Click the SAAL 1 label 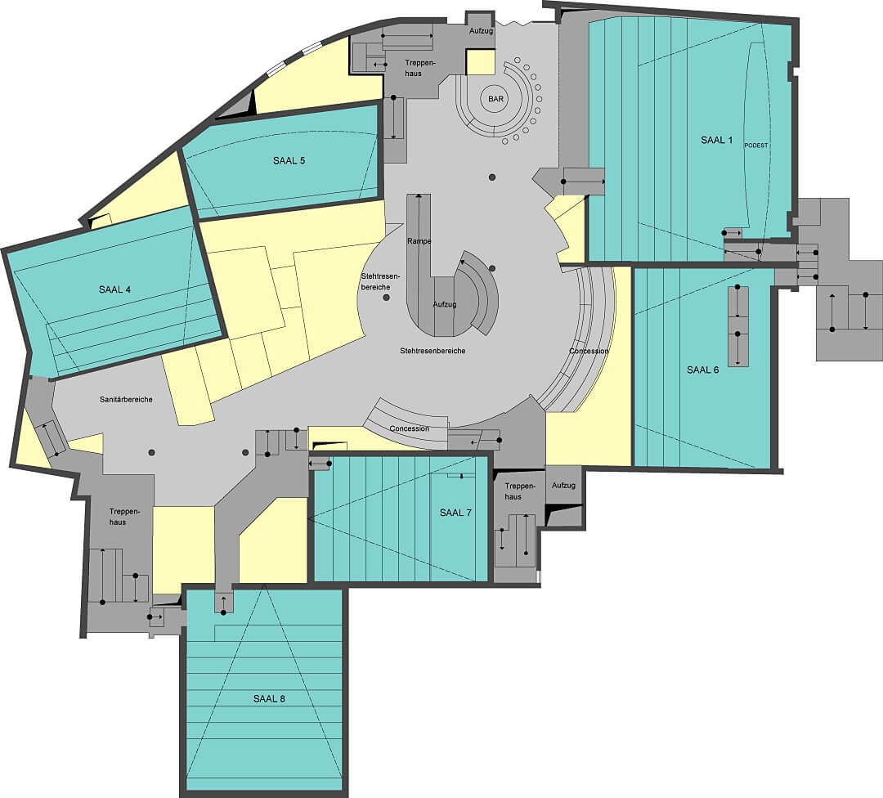point(716,141)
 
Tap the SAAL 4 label point(115,289)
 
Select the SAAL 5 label point(289,160)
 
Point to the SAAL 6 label point(703,370)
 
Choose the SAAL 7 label point(455,513)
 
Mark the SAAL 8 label point(269,699)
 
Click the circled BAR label point(496,99)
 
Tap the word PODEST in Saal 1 point(756,146)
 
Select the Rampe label point(419,241)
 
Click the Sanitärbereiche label point(126,399)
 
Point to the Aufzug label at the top point(482,31)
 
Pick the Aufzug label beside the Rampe point(444,304)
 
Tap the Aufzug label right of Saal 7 point(563,485)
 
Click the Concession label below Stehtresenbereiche point(410,428)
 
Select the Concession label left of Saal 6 point(589,351)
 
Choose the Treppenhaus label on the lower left point(118,517)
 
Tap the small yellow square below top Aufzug point(481,62)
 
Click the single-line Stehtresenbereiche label point(433,351)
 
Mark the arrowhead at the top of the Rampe point(419,196)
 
